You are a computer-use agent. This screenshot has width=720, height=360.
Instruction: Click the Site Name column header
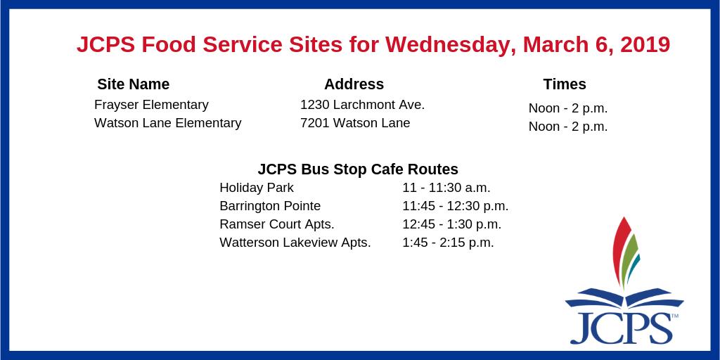(133, 84)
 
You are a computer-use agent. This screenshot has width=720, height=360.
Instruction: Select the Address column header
(354, 84)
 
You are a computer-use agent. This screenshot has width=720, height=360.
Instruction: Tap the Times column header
(564, 84)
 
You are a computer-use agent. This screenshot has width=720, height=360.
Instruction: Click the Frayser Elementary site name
(151, 105)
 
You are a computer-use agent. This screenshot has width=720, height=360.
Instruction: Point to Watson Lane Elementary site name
(167, 123)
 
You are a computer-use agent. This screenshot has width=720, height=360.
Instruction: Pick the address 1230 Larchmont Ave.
(362, 105)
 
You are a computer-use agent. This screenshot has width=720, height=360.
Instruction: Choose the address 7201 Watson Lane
(355, 123)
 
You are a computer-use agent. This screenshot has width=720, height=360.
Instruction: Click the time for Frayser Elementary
(567, 108)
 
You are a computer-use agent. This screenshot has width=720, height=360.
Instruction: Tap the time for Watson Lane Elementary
(567, 127)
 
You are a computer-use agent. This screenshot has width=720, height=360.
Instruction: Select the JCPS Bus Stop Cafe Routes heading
(358, 169)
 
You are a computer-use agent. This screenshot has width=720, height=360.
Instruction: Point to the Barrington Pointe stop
(270, 206)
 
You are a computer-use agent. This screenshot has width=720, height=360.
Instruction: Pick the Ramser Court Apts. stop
(276, 224)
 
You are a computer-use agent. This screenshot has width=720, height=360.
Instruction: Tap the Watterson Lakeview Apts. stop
(295, 243)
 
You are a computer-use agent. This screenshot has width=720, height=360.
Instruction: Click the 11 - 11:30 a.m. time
(446, 188)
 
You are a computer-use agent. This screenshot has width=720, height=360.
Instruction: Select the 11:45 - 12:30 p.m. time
(455, 206)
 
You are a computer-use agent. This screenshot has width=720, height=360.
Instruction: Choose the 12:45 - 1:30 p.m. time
(451, 224)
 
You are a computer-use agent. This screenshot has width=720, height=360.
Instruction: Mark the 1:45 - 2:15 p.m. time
(448, 243)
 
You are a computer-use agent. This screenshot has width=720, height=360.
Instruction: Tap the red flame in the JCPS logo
(619, 250)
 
